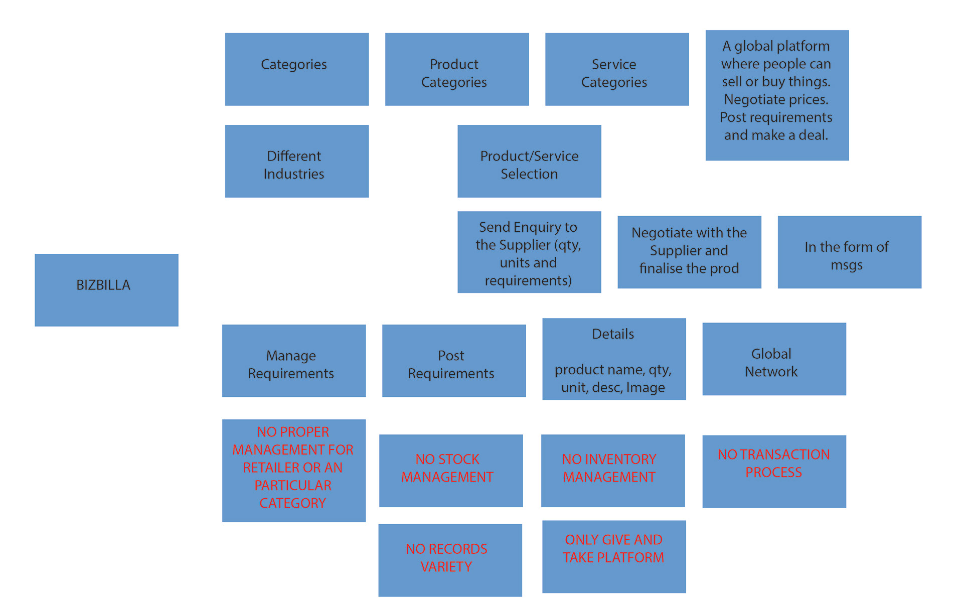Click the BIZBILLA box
(x=106, y=290)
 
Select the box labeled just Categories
(x=296, y=69)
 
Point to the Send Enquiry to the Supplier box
(x=529, y=252)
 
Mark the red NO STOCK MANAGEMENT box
(x=450, y=471)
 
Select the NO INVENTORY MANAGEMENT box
(x=612, y=471)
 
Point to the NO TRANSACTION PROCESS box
(x=774, y=471)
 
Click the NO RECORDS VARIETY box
(x=450, y=560)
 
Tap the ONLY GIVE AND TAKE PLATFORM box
(x=613, y=556)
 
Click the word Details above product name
(x=613, y=334)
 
